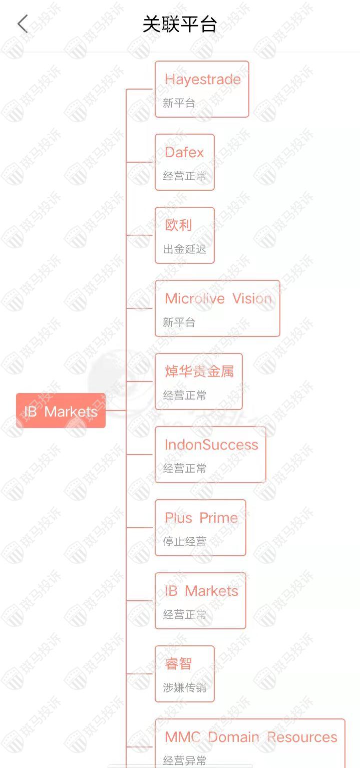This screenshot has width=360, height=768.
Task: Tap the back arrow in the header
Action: (23, 24)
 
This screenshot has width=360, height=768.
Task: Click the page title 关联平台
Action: (180, 24)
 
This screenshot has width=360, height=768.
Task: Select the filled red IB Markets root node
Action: (61, 411)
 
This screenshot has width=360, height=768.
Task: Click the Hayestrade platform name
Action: (203, 79)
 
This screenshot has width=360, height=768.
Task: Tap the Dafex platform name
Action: (184, 152)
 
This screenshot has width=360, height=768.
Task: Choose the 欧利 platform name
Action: (178, 225)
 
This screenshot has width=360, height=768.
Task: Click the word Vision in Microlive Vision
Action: (252, 298)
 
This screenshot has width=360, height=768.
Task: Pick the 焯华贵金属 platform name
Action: (199, 371)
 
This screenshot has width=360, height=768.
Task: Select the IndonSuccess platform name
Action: (211, 445)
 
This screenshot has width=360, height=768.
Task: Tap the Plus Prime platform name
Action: (201, 518)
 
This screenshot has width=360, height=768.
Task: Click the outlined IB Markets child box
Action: (200, 600)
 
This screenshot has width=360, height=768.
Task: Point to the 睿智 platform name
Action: (178, 664)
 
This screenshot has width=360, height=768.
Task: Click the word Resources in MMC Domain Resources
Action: (302, 737)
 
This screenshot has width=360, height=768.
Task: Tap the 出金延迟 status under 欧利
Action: (185, 249)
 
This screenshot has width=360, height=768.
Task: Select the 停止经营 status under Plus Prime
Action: (185, 541)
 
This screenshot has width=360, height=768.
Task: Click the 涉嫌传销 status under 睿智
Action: (185, 687)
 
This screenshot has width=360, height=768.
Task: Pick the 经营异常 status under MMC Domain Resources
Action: (185, 760)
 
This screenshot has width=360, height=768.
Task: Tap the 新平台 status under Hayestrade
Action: (179, 103)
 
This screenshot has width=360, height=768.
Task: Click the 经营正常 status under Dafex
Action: (185, 176)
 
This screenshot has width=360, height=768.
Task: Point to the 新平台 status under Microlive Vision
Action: (179, 322)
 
